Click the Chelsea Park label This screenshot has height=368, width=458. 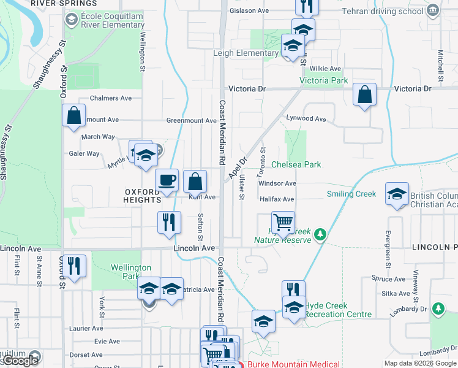point(296,165)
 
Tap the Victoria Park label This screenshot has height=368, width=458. point(323,80)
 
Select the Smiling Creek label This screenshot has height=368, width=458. point(351,194)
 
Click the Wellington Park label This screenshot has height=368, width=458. point(130,272)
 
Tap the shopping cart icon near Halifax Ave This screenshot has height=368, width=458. point(283,221)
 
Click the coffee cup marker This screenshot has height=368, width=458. point(167,180)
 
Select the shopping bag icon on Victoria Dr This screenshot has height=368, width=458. point(364,94)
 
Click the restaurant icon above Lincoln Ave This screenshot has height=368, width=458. point(170,221)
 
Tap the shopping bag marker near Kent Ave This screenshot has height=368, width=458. point(195,181)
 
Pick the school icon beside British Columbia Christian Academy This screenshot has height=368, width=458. point(397,194)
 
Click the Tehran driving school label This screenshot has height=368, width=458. point(390,10)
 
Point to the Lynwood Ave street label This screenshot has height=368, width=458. point(306,118)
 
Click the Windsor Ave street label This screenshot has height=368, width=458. point(277,183)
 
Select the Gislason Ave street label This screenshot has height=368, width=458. point(249,10)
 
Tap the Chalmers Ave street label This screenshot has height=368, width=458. point(111,98)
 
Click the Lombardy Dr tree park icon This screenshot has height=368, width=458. point(437,307)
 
